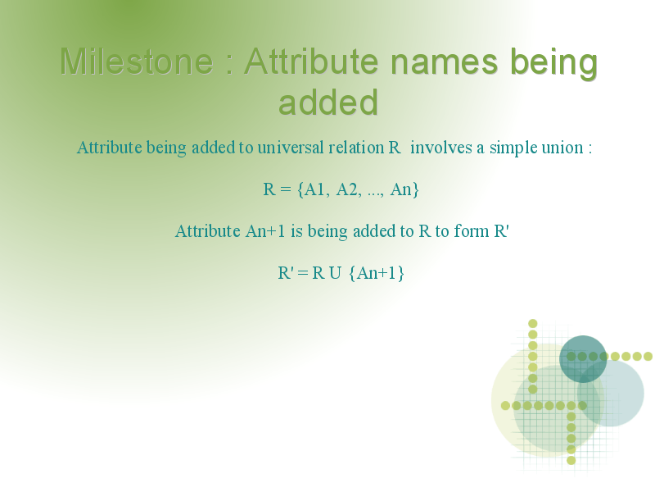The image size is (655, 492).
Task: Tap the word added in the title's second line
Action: click(328, 102)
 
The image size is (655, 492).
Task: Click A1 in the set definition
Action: click(314, 189)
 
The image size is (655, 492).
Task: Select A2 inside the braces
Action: click(346, 189)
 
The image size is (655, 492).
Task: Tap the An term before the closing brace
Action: click(400, 189)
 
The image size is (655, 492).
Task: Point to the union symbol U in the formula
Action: click(335, 273)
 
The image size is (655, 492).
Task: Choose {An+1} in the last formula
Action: click(376, 273)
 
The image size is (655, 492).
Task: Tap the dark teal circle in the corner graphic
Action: click(583, 359)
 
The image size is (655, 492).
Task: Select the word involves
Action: click(441, 148)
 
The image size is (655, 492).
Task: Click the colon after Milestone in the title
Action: click(229, 65)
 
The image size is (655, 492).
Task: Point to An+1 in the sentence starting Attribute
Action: click(264, 231)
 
